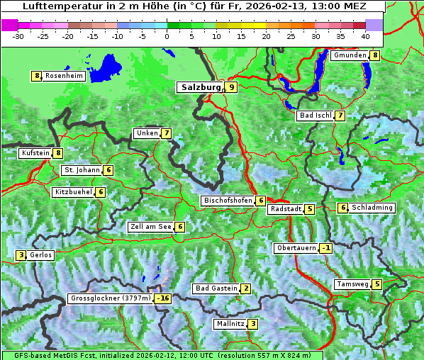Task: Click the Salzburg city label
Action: click(x=201, y=88)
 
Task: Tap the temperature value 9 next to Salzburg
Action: click(x=232, y=88)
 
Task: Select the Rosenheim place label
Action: click(x=64, y=76)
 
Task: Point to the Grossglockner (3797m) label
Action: click(x=111, y=298)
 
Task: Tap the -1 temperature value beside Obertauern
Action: click(x=325, y=248)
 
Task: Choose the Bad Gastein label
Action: click(x=216, y=288)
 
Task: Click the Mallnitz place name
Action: click(x=230, y=324)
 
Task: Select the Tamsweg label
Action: click(x=352, y=284)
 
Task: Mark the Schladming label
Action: click(x=372, y=208)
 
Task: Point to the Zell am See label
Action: click(x=151, y=227)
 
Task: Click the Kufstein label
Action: click(x=35, y=152)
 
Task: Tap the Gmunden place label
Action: click(x=350, y=55)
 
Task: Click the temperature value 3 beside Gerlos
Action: click(x=21, y=255)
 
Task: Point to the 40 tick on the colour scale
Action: click(x=365, y=35)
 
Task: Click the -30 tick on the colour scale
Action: click(x=18, y=35)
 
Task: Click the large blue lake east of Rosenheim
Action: click(x=108, y=68)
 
